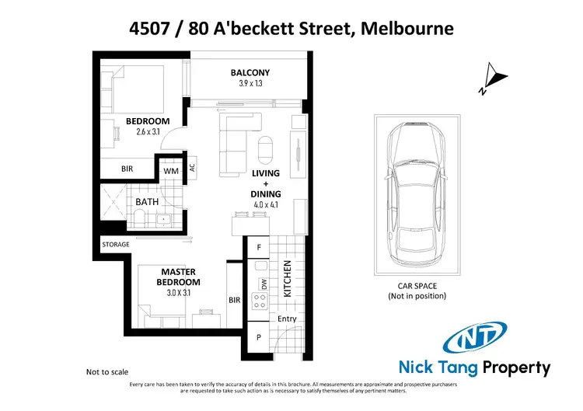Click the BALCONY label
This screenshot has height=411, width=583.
(x=250, y=73)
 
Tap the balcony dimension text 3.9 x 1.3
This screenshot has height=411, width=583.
(x=250, y=84)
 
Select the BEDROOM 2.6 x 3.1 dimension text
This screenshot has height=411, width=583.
(x=147, y=132)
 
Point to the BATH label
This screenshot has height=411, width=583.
(x=147, y=202)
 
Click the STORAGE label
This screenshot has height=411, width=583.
(x=116, y=245)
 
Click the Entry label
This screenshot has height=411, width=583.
(x=287, y=319)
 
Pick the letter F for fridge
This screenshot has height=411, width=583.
(x=259, y=247)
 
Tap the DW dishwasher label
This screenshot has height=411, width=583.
(x=264, y=285)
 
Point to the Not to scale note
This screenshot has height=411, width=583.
(x=109, y=372)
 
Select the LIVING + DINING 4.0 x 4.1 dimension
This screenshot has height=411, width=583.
(x=266, y=205)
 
